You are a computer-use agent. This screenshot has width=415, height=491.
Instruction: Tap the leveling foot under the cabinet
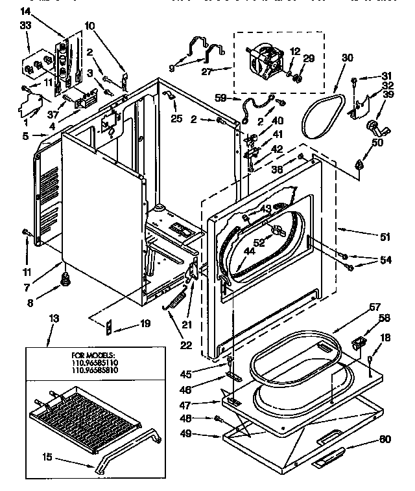(x=64, y=279)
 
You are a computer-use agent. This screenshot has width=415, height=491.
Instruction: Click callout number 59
(x=220, y=99)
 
